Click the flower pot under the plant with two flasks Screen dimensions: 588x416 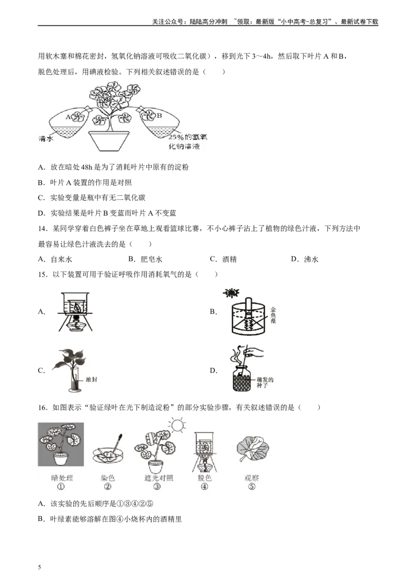109,140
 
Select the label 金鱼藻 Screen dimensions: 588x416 274,315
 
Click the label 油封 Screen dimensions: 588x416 91,380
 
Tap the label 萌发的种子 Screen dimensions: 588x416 265,383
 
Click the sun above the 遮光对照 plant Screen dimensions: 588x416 176,425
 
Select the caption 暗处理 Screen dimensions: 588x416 62,478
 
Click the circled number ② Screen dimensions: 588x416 108,487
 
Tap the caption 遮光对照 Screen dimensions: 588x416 157,478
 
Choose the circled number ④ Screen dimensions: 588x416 204,487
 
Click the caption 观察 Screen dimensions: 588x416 252,478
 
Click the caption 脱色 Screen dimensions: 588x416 204,478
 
